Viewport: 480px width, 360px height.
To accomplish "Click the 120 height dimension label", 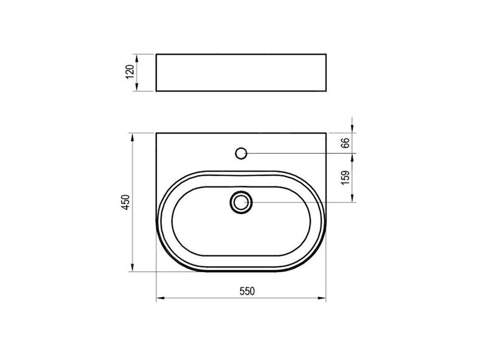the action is [x=130, y=72].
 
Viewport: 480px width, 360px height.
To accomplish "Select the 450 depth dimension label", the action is [x=126, y=202].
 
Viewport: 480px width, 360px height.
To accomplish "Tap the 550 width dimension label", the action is [x=247, y=292].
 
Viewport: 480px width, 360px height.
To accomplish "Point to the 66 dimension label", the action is [x=345, y=143].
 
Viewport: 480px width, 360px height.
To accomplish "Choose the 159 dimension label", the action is [x=345, y=178].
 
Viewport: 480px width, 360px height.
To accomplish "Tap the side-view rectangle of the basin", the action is [x=241, y=73].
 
